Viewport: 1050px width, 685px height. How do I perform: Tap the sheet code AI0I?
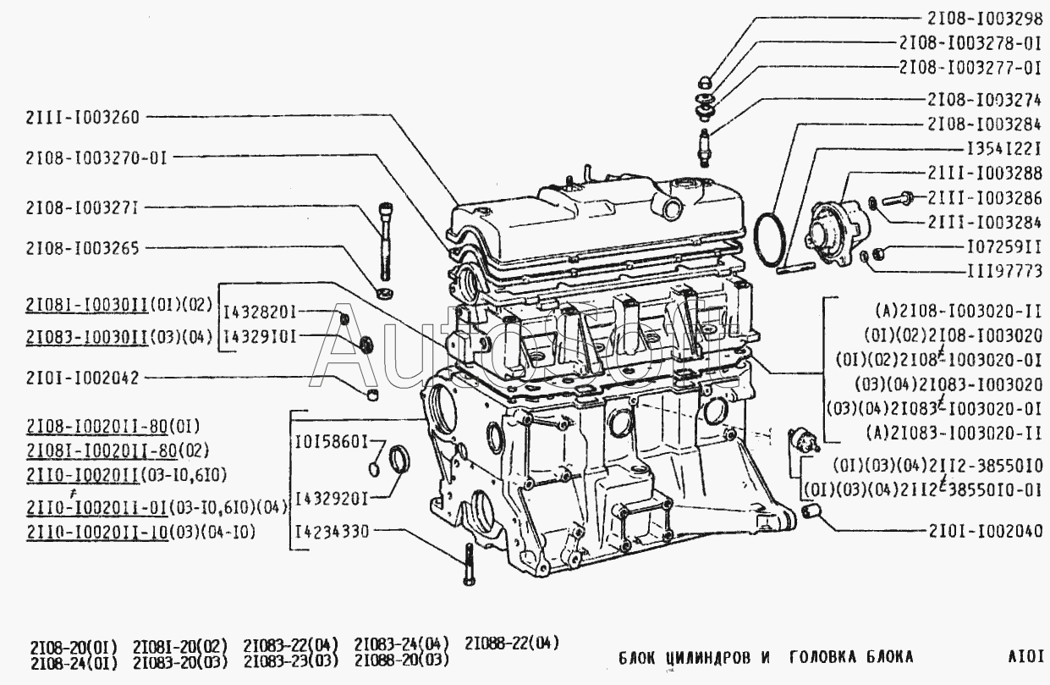[1025, 656]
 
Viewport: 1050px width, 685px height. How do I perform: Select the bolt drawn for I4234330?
[468, 563]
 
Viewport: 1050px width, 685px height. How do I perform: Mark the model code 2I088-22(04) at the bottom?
[511, 643]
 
